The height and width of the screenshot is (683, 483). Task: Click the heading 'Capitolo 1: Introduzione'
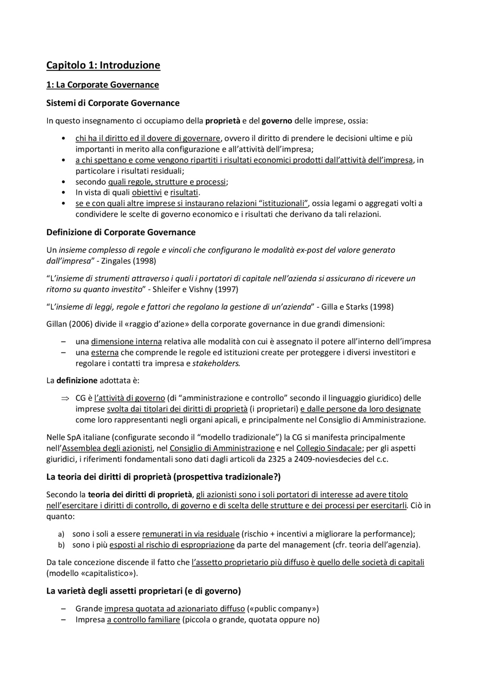point(103,65)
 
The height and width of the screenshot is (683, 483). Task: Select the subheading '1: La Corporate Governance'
point(102,84)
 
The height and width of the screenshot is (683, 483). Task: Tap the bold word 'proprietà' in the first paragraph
point(223,121)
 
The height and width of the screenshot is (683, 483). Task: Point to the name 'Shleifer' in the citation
point(166,289)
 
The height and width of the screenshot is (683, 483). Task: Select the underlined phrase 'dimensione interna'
point(126,342)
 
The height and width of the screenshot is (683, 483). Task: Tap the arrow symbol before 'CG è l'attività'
point(64,398)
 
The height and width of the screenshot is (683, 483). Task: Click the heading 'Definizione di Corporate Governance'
point(121,232)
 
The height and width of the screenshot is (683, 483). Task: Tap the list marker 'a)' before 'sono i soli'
point(61,534)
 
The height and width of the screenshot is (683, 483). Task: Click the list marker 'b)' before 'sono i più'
point(61,545)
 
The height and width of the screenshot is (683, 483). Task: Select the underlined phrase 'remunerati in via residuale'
point(191,534)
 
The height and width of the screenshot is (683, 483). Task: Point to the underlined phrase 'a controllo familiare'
point(143,619)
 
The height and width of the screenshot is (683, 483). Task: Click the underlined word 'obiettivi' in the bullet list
point(147,192)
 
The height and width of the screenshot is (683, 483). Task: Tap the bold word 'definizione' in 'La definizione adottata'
point(77,380)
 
